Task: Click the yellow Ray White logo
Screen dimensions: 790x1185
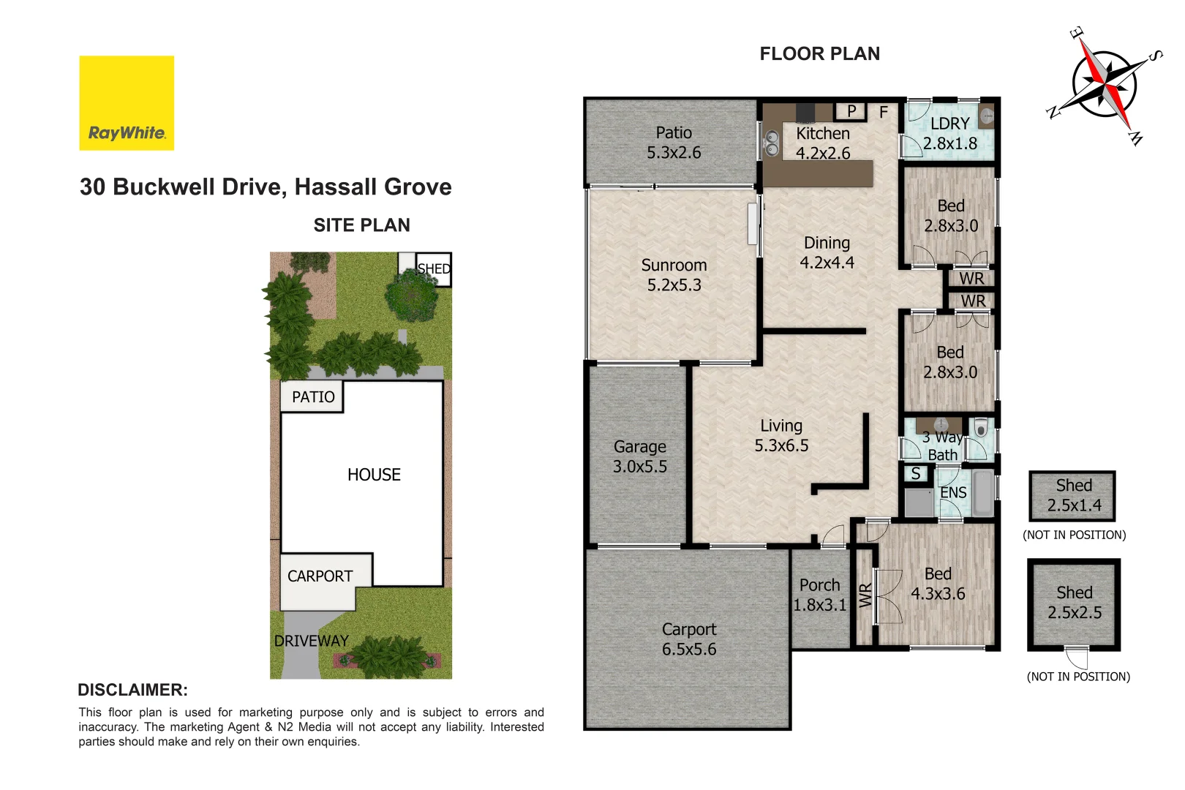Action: (x=127, y=103)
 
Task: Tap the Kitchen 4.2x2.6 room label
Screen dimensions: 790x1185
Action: (x=823, y=143)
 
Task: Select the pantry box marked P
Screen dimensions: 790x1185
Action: (x=851, y=111)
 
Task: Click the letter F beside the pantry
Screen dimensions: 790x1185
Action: (x=884, y=113)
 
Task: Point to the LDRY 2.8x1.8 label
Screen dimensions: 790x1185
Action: (x=949, y=134)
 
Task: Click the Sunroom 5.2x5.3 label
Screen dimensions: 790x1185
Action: (x=674, y=275)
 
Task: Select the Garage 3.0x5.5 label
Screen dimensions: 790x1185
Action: (x=639, y=456)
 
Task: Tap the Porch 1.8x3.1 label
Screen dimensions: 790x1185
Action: (x=820, y=595)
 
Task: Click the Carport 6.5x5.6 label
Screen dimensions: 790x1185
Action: (x=688, y=639)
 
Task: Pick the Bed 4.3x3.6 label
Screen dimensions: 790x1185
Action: (x=938, y=584)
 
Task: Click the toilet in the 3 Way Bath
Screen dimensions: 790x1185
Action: (x=981, y=427)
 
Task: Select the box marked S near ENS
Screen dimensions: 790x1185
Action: (x=916, y=474)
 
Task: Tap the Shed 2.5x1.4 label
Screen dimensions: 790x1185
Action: (x=1073, y=495)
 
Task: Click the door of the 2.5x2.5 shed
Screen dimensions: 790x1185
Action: (x=1076, y=655)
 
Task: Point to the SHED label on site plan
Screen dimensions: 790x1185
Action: (x=434, y=269)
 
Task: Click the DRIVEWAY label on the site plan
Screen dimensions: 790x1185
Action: (x=311, y=641)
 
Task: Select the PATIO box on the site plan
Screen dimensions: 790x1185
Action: (x=312, y=397)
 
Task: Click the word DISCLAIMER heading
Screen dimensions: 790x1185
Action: (x=132, y=690)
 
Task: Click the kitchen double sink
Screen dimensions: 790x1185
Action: (x=771, y=144)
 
